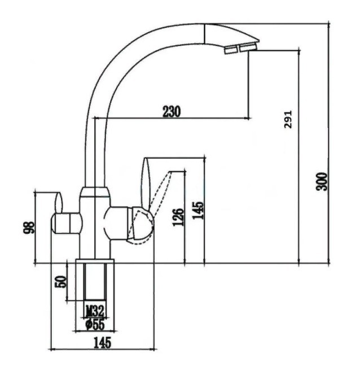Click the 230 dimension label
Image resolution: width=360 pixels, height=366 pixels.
click(x=172, y=111)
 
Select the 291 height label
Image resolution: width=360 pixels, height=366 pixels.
click(x=288, y=119)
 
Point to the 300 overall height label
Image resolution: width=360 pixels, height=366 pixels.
click(x=322, y=182)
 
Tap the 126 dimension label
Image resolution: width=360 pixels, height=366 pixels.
click(x=178, y=217)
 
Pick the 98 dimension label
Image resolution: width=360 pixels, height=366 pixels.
click(x=29, y=228)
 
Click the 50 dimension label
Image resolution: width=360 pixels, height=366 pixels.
click(x=60, y=281)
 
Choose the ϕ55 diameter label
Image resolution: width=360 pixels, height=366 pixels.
click(x=95, y=325)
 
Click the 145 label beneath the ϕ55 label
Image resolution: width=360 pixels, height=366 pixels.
click(x=102, y=343)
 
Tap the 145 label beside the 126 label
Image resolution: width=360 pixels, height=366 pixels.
click(x=198, y=210)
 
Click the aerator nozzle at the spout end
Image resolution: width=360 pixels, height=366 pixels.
click(x=240, y=48)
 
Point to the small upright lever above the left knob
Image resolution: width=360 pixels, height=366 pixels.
click(x=59, y=203)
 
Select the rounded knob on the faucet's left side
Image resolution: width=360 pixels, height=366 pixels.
click(x=67, y=223)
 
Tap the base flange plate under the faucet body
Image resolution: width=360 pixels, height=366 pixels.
click(x=95, y=261)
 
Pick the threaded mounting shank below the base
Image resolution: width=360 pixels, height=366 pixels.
click(x=95, y=282)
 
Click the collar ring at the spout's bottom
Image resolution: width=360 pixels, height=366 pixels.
click(x=95, y=192)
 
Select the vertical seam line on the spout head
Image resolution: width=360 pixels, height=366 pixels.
click(x=204, y=33)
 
